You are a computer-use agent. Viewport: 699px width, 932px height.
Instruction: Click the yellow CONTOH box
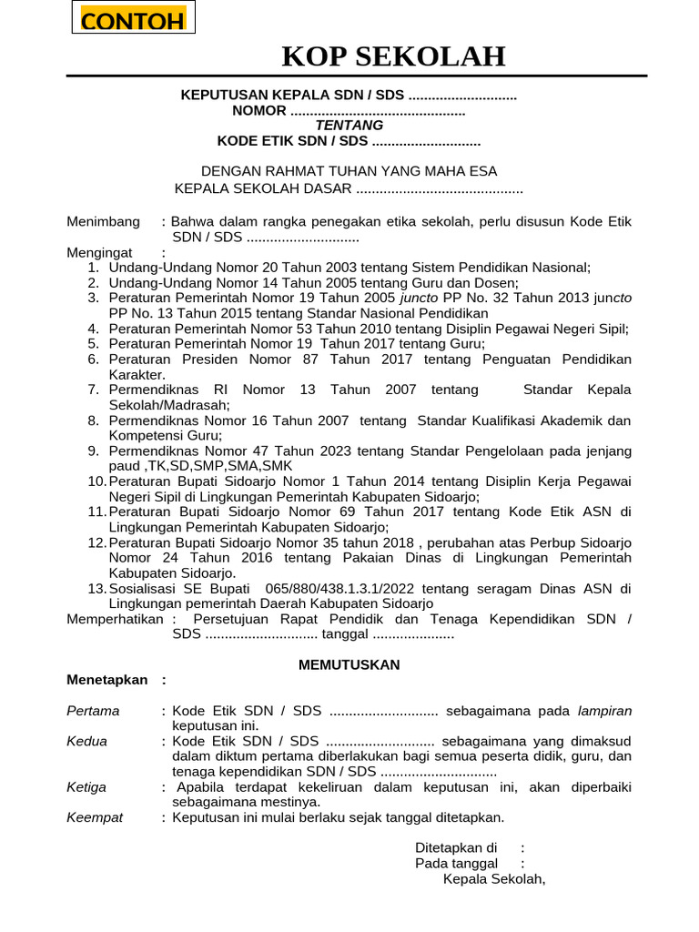(133, 20)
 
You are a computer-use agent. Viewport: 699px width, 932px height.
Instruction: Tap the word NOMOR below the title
(259, 111)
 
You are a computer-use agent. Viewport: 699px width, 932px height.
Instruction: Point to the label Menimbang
(104, 222)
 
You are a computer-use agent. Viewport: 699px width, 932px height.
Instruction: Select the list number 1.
(93, 268)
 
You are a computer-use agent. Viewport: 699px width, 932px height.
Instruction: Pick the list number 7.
(93, 390)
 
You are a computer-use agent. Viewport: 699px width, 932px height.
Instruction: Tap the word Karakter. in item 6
(137, 374)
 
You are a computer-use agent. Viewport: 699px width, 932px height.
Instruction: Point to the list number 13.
(97, 589)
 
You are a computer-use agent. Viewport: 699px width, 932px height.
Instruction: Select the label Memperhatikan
(116, 619)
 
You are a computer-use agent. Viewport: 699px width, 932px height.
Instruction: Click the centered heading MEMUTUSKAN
(349, 665)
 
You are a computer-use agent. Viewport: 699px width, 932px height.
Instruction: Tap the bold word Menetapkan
(106, 680)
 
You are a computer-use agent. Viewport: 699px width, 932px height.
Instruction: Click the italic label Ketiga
(86, 787)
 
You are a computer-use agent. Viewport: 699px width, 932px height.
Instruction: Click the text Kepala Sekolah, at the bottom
(494, 878)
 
